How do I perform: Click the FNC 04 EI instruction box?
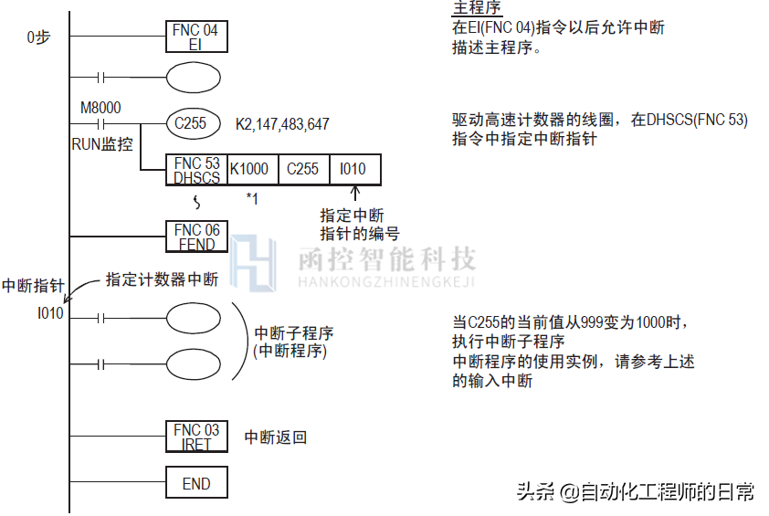[x=195, y=37]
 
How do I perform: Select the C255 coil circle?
[x=191, y=123]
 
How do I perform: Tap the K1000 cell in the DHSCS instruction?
[x=248, y=169]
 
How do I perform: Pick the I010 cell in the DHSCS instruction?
[x=353, y=169]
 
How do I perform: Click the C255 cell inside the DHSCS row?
[x=302, y=169]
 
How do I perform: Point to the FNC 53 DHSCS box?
[x=196, y=170]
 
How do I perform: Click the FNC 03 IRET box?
[x=196, y=437]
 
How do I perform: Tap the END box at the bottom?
[x=196, y=484]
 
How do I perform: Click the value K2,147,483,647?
[x=282, y=123]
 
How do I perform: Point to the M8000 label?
[x=100, y=108]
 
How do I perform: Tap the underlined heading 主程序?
[x=477, y=8]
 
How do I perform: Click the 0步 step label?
[x=38, y=37]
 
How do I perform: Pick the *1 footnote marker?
[x=252, y=197]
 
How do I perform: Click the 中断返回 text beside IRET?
[x=275, y=437]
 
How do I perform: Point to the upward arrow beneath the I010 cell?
[x=355, y=195]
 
